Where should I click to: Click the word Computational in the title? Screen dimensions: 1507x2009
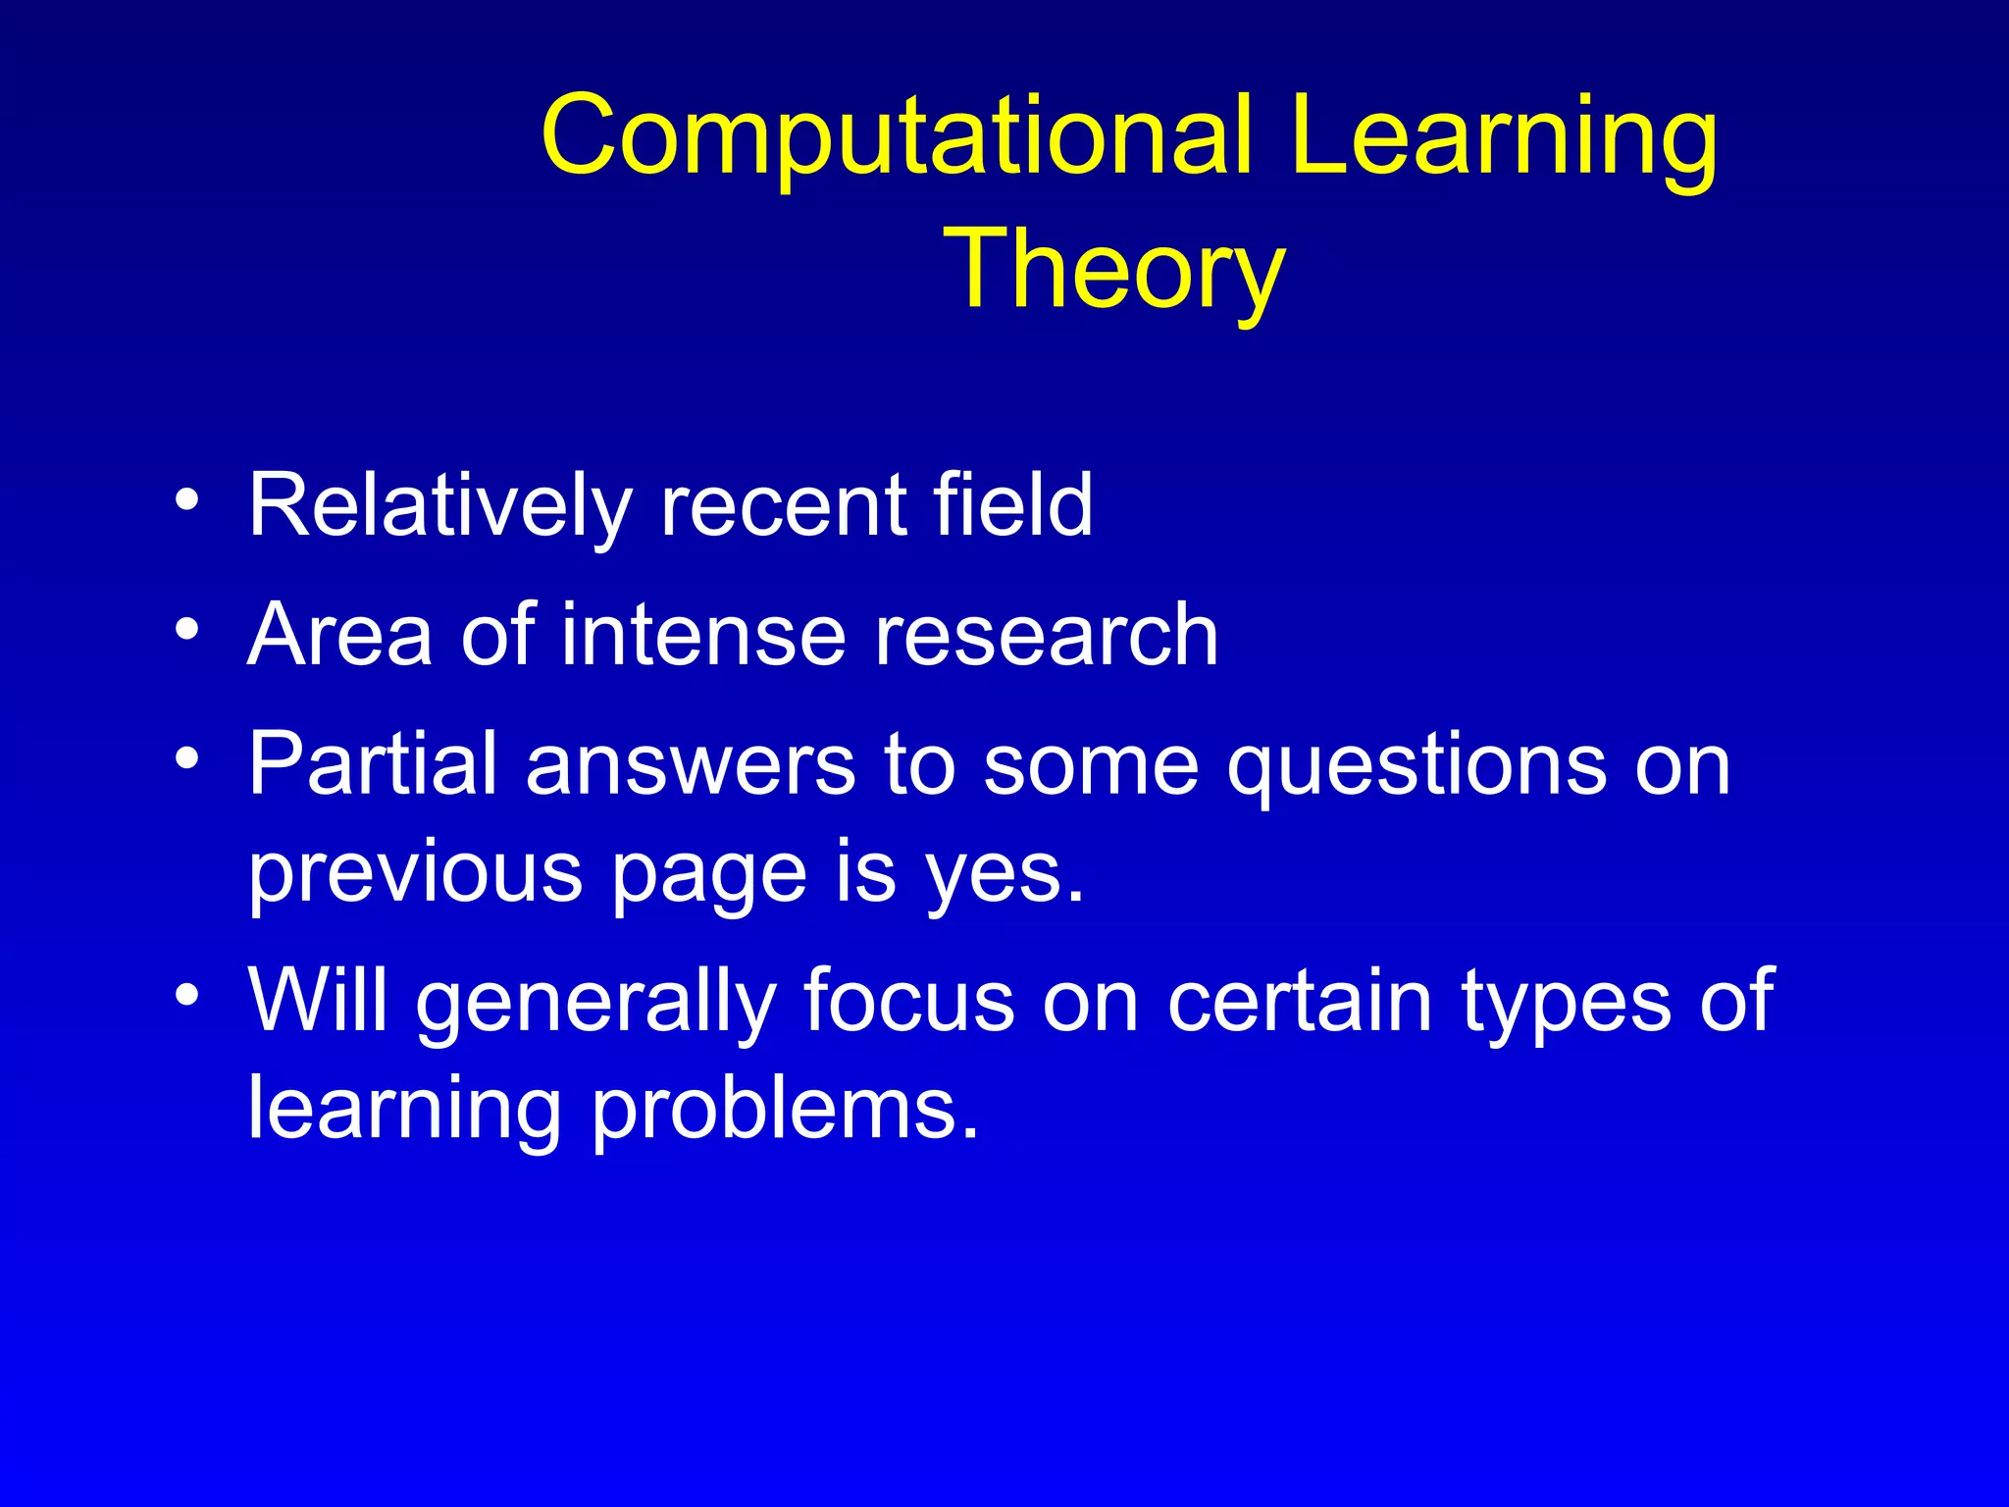pos(896,137)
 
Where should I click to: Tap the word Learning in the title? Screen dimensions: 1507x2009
pos(1504,137)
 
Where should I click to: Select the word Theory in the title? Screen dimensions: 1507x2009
pos(1113,270)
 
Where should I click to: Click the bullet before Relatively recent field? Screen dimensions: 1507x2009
pos(186,499)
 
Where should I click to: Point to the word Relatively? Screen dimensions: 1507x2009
pos(439,506)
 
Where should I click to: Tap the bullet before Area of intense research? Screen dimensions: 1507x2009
pos(186,628)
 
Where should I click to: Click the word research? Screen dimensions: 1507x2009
pos(1046,635)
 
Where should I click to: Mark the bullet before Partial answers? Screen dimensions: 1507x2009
pos(186,758)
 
